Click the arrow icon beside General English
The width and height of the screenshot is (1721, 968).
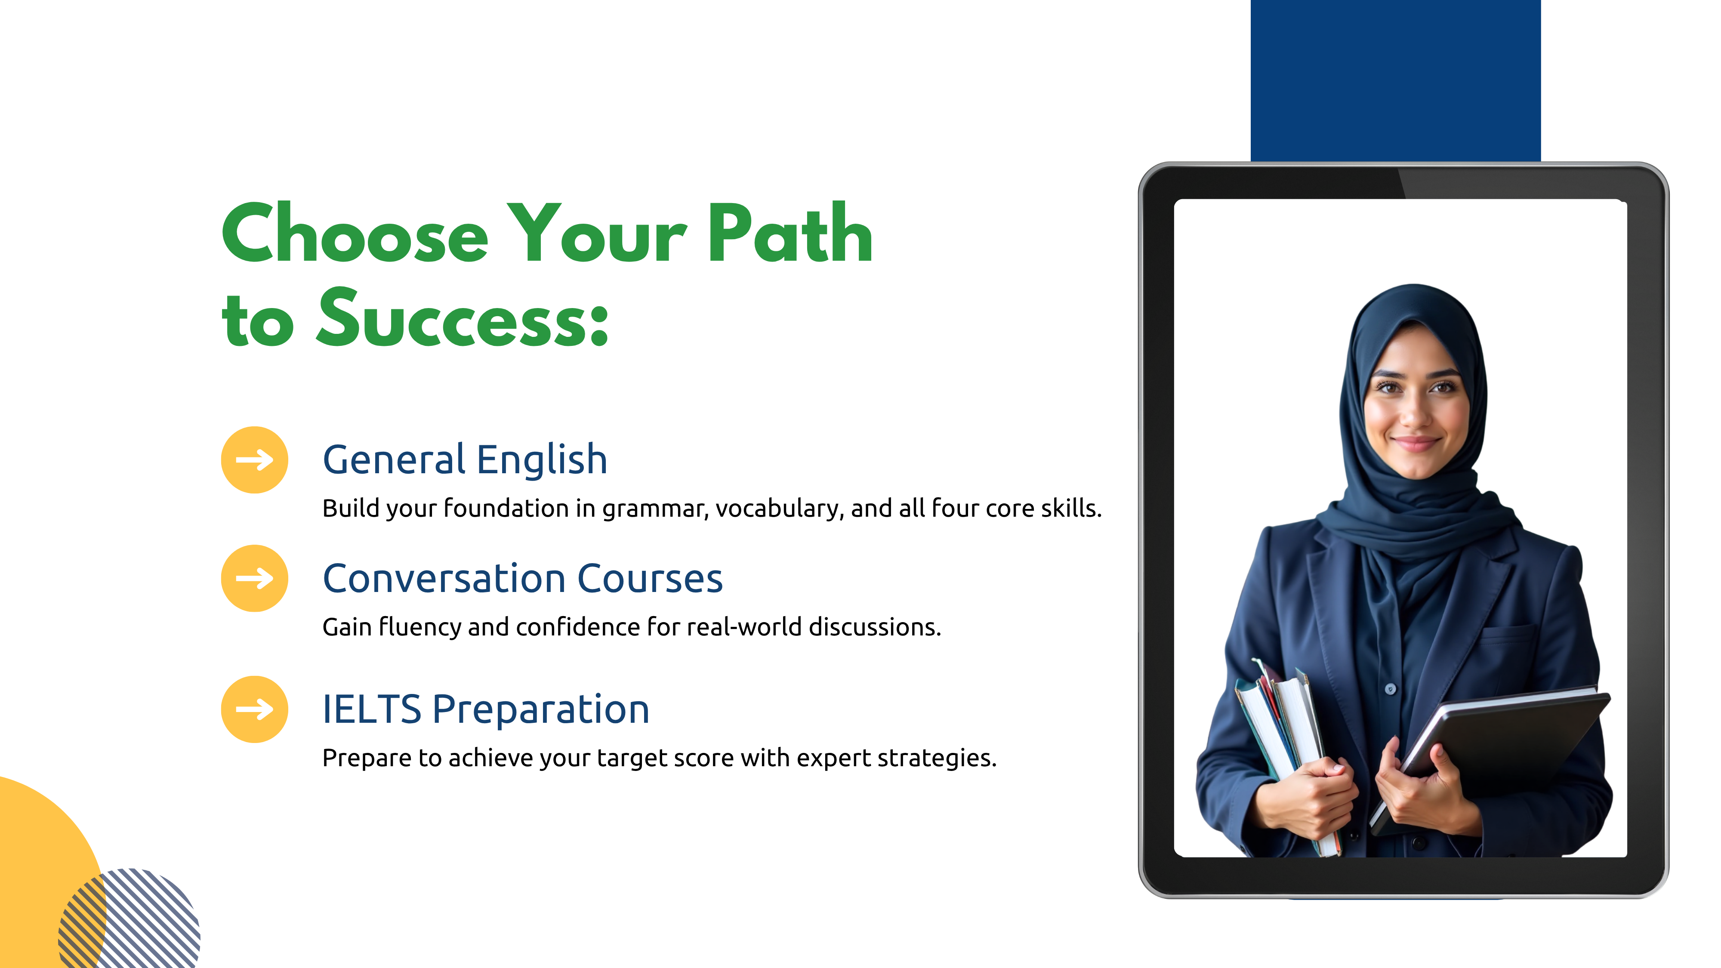[255, 459]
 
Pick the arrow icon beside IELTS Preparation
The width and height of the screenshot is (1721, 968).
[255, 709]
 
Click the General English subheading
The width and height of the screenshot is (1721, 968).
[465, 461]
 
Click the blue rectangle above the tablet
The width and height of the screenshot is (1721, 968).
[1396, 80]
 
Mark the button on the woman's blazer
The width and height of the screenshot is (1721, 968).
[1390, 689]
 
